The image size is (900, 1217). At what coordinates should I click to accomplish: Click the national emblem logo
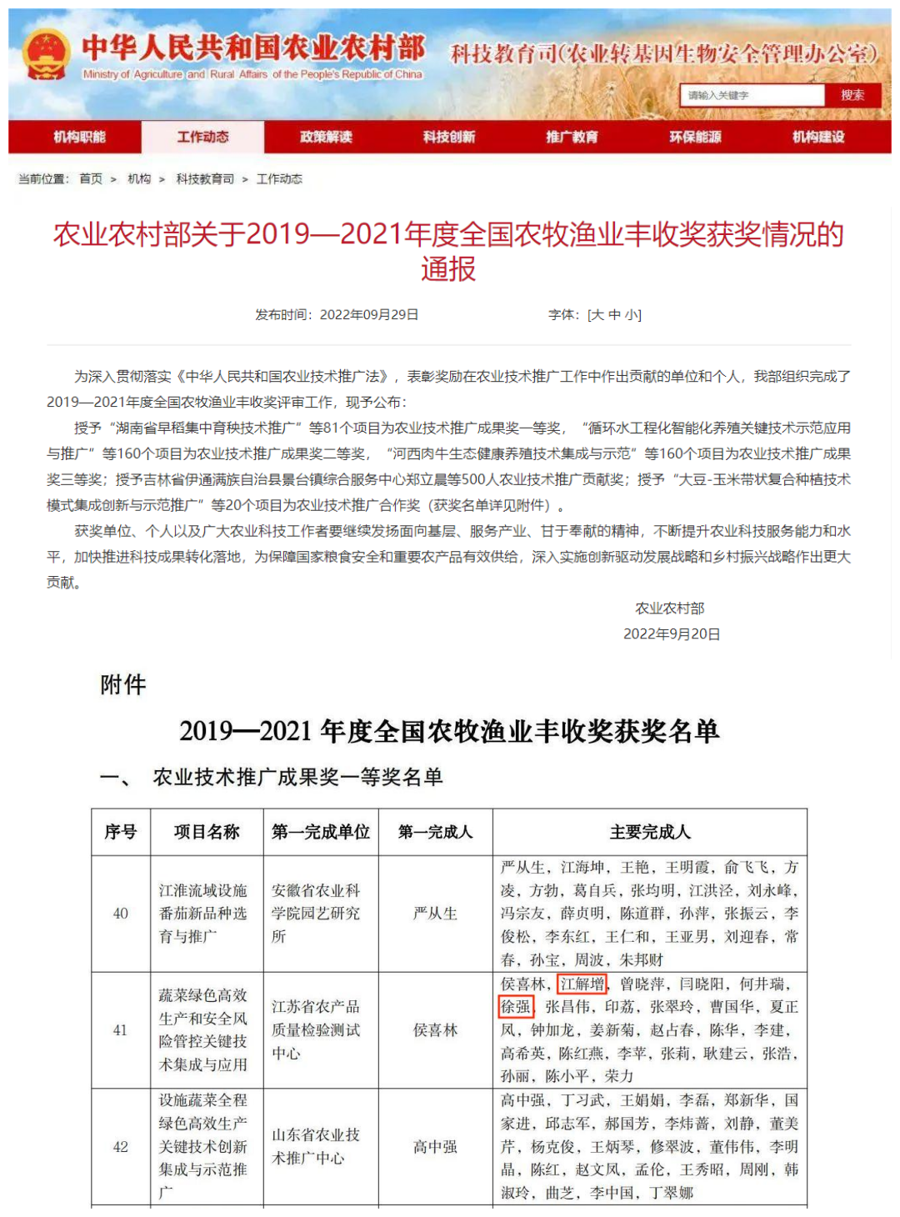[x=46, y=55]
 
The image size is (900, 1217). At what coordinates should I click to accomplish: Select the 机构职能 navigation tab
[x=79, y=137]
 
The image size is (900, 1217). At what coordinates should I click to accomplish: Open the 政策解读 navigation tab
[x=326, y=137]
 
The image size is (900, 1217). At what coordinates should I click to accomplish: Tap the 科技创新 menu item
[x=449, y=137]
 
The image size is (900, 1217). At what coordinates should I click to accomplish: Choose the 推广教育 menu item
[x=572, y=137]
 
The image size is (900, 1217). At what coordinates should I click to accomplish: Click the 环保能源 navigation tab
[x=695, y=137]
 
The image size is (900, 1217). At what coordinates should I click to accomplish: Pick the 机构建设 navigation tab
[x=818, y=137]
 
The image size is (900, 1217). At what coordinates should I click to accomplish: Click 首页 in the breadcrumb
[x=91, y=179]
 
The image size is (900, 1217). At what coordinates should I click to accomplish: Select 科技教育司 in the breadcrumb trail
[x=205, y=179]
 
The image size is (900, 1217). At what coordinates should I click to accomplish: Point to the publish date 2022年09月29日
[x=369, y=314]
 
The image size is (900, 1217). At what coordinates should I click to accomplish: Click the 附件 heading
[x=123, y=685]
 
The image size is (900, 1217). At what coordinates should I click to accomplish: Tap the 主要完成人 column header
[x=650, y=832]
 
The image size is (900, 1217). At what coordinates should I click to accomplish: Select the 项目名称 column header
[x=207, y=832]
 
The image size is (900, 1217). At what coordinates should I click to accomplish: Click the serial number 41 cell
[x=121, y=1030]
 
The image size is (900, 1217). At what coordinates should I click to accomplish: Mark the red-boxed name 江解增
[x=582, y=984]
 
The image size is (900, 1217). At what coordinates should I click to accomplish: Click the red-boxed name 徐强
[x=515, y=1007]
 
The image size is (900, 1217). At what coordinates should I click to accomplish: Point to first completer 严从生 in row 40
[x=435, y=914]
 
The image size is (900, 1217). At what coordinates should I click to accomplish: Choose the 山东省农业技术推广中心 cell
[x=316, y=1146]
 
